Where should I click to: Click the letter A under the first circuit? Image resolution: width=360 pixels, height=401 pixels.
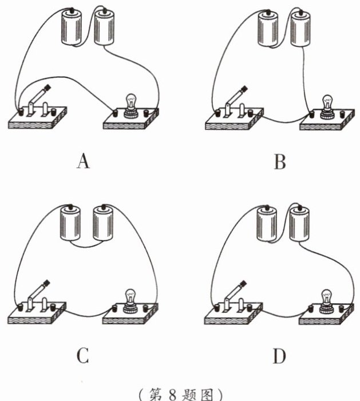coord(84,162)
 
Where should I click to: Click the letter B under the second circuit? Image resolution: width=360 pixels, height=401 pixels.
coord(280,162)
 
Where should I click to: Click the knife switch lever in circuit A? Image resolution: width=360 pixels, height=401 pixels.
coord(39,96)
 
